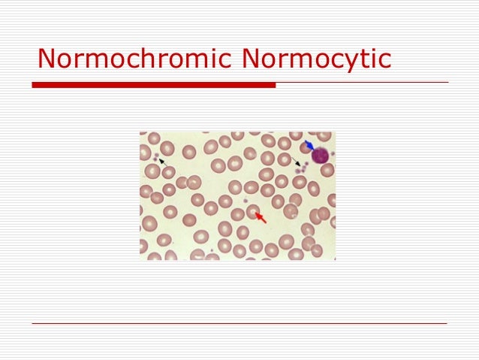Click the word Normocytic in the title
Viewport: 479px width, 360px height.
(315, 58)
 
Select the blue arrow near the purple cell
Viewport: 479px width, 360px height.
(309, 145)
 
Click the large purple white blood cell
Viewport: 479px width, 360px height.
(321, 156)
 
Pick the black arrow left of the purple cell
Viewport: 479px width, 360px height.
(297, 162)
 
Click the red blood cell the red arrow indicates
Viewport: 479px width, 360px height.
(253, 211)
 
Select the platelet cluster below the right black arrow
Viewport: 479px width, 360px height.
(301, 169)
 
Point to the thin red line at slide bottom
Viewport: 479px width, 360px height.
(239, 324)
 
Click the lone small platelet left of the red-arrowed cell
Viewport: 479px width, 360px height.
(246, 201)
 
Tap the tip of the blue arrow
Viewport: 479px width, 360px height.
(313, 149)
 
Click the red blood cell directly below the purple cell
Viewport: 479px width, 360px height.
(327, 171)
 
